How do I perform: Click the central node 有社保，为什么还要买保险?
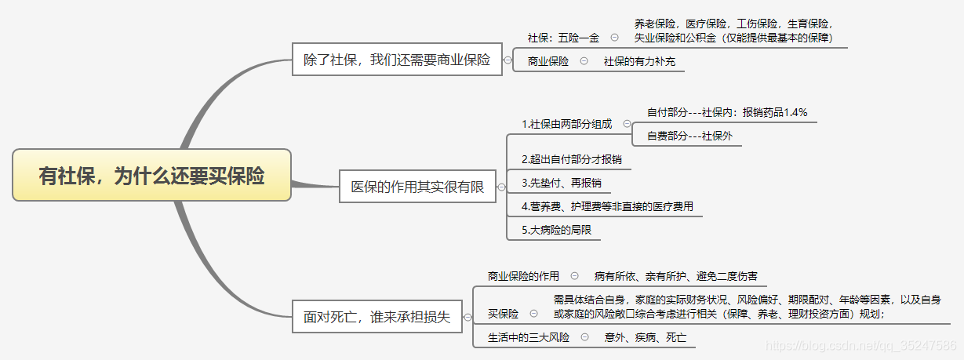tap(151, 175)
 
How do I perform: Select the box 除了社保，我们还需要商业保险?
tap(396, 60)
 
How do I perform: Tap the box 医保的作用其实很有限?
tap(417, 187)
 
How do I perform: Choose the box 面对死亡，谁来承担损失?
tap(377, 317)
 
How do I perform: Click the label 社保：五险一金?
tap(563, 37)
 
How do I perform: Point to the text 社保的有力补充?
tap(639, 61)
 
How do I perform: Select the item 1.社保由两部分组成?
tap(566, 124)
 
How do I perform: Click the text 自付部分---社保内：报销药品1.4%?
tap(726, 112)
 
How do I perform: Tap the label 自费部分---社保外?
tap(689, 136)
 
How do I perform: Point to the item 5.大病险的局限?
tap(556, 230)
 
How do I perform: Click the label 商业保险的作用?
tap(523, 276)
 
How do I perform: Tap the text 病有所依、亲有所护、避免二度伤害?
tap(675, 276)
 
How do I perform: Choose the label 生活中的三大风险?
tap(529, 337)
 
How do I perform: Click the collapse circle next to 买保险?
tap(534, 313)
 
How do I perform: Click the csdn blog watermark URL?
tap(860, 344)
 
